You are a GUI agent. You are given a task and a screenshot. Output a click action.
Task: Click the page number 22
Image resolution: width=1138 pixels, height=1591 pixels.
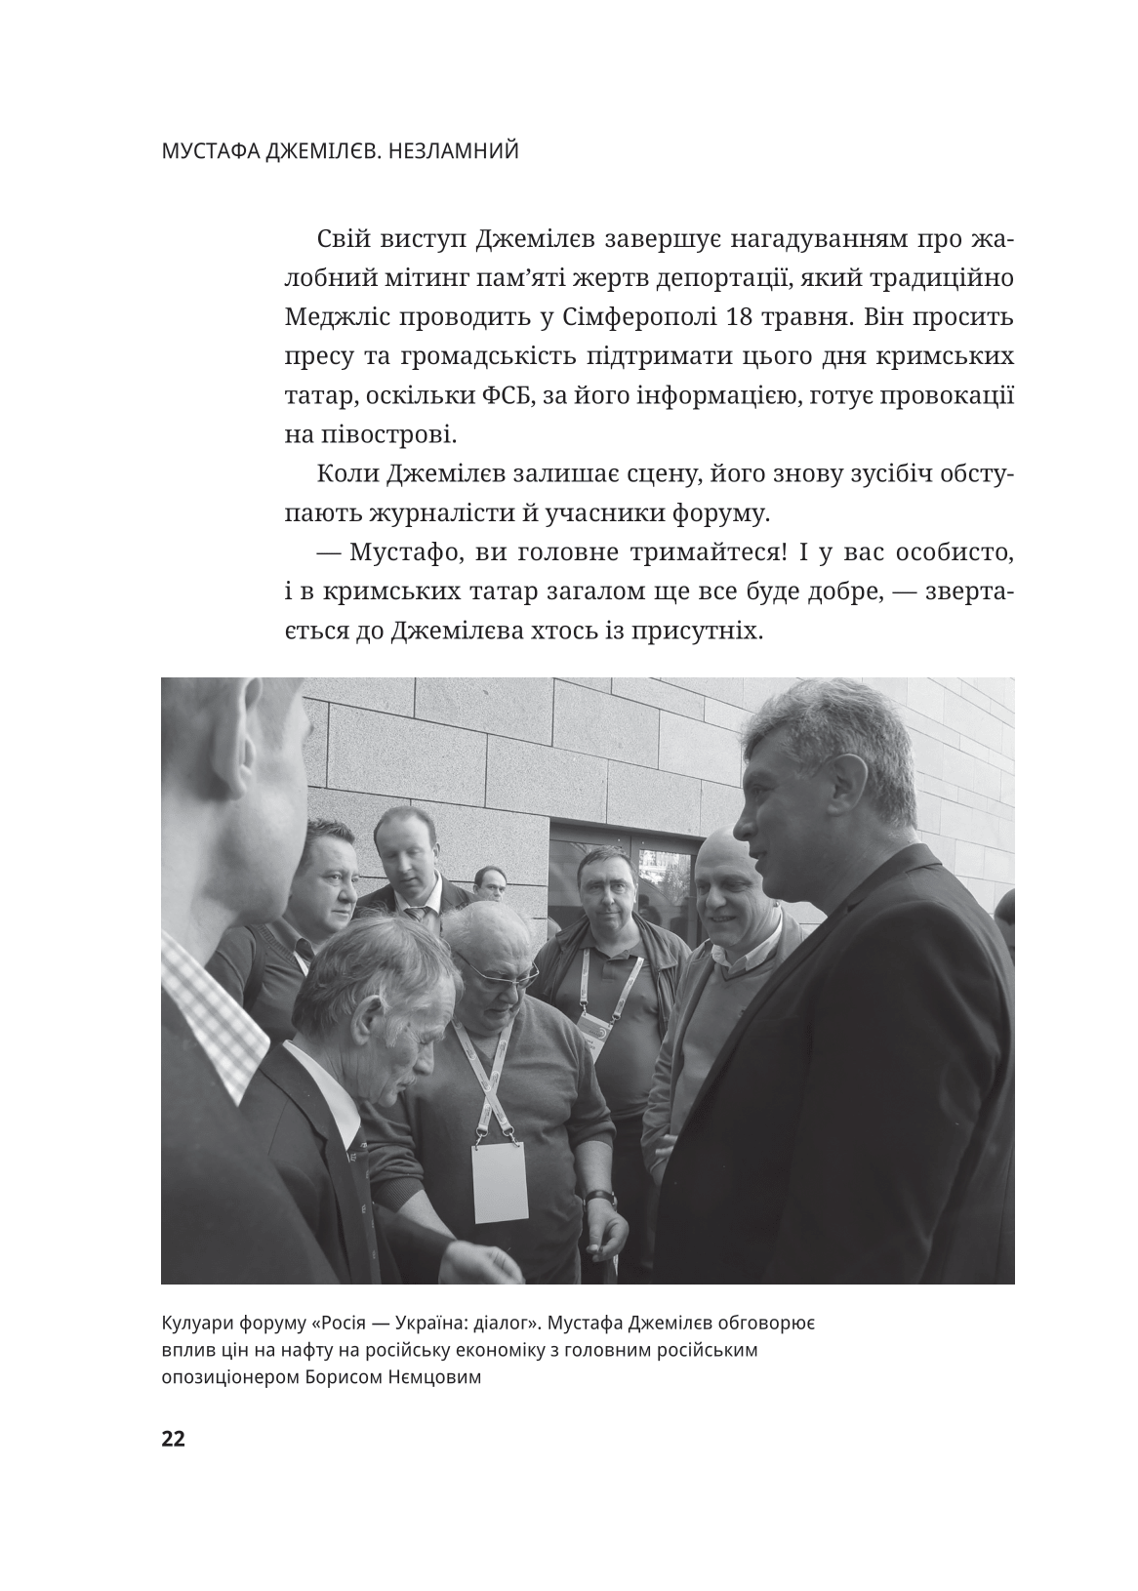(173, 1439)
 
